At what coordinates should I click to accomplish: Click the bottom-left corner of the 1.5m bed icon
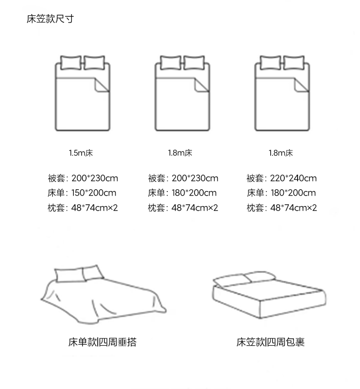56,130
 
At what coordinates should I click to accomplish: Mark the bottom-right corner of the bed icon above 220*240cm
309,130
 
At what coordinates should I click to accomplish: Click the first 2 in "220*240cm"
273,178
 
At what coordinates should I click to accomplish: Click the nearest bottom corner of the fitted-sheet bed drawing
260,318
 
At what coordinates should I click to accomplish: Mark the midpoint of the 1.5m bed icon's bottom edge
82,130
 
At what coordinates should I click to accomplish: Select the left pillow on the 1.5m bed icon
71,63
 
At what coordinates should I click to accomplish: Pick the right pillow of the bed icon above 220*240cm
293,63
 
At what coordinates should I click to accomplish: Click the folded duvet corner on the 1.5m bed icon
102,85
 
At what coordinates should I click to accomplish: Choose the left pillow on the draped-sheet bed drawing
69,275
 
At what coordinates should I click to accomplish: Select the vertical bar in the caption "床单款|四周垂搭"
98,342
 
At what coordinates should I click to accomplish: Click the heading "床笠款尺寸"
50,19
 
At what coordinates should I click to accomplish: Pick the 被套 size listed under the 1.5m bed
95,178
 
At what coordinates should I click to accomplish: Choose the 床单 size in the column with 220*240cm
293,193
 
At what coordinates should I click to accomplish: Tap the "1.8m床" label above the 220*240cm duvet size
281,153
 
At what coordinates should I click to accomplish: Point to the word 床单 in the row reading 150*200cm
56,193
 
